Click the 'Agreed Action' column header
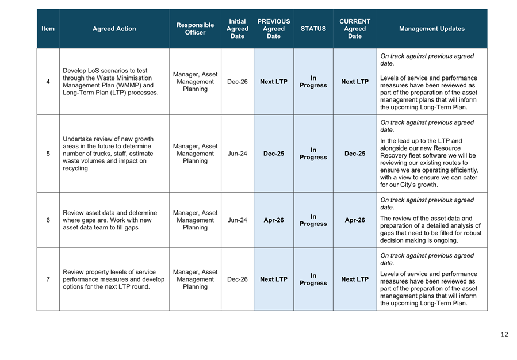tap(114, 29)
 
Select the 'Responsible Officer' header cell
tap(195, 29)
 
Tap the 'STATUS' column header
tap(313, 29)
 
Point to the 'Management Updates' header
tap(431, 29)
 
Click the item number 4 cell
tap(48, 82)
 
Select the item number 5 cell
tap(48, 154)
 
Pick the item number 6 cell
tap(48, 220)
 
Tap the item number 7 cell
tap(48, 279)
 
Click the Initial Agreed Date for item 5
tap(237, 154)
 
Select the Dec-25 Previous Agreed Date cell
tap(273, 154)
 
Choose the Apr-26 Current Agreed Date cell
tap(354, 220)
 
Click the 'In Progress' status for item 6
tap(313, 220)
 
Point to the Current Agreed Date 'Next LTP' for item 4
tap(354, 82)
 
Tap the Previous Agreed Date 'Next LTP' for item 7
tap(273, 279)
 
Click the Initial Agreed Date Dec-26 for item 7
tap(237, 279)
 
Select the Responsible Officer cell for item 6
tap(195, 220)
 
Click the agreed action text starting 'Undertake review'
tap(108, 154)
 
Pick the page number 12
tap(504, 335)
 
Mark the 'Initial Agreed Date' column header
tap(237, 29)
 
